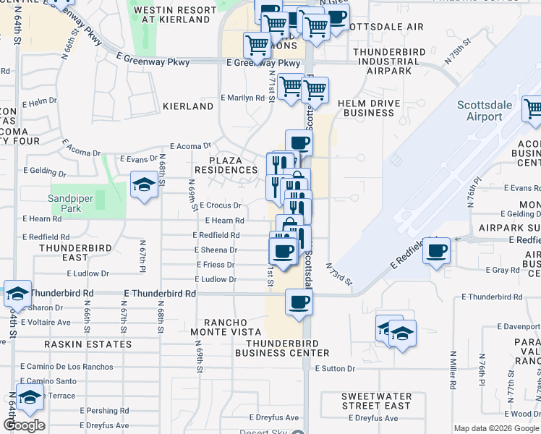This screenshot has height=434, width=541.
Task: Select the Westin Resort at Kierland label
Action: point(175,14)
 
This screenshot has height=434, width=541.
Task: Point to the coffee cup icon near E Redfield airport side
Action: point(436,251)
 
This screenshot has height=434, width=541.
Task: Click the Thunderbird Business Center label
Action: point(287,348)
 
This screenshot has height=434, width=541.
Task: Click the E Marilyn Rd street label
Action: point(242,98)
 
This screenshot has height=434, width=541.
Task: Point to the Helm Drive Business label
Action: point(369,108)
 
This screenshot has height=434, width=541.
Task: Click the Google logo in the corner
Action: point(24,425)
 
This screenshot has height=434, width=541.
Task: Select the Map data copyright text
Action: point(497,428)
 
